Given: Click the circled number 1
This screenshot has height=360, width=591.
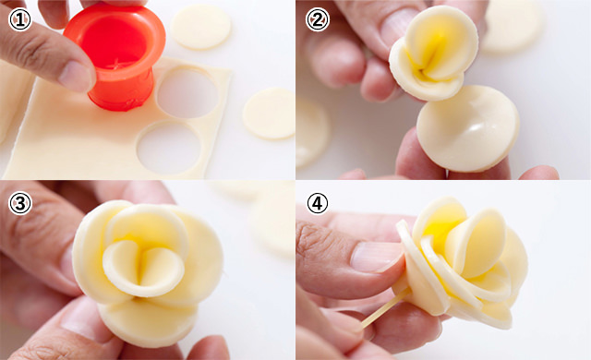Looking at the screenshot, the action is (x=19, y=19).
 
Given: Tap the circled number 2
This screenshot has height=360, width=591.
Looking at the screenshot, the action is (x=318, y=19).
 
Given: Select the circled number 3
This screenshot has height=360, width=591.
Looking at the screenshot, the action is (x=19, y=203).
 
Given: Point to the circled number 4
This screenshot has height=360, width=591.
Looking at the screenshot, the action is (x=318, y=203).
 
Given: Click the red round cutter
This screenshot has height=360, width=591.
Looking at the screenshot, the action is (x=115, y=56).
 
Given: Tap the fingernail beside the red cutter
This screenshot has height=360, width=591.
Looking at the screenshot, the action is (x=75, y=76).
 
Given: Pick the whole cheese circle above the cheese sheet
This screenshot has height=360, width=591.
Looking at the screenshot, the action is (x=201, y=27).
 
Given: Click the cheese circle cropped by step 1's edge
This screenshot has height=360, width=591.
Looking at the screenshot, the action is (x=270, y=114).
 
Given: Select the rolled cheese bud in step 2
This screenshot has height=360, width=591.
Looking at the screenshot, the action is (x=433, y=53).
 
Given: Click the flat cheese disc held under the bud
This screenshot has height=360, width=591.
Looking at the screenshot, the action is (x=468, y=128).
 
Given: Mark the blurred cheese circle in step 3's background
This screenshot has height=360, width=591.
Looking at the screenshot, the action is (x=272, y=222).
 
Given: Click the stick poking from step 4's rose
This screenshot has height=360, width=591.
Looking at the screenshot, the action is (x=385, y=308).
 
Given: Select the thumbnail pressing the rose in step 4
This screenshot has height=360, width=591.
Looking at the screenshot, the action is (x=375, y=258).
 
